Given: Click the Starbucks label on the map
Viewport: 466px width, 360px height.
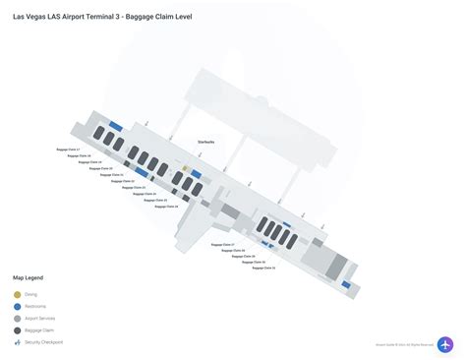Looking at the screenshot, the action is coord(205,142).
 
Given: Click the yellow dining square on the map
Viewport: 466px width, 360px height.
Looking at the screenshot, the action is coord(185,169).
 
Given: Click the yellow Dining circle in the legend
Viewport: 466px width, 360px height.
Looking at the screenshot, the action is coord(17,294).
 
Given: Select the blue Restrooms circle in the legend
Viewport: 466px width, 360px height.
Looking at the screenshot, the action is coord(17,306).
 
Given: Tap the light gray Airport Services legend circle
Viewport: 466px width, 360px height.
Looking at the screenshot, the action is coord(17,319).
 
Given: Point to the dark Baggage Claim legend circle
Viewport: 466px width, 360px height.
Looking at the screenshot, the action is coord(17,330).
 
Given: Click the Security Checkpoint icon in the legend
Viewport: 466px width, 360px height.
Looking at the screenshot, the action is coord(17,342).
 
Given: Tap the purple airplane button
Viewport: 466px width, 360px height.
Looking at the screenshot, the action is coord(445,345).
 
